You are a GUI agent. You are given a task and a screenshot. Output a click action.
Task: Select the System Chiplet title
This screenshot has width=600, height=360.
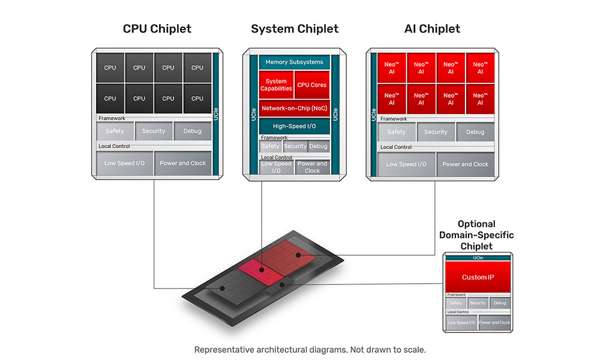[295, 29]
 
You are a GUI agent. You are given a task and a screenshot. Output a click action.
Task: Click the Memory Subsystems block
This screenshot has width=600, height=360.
[294, 62]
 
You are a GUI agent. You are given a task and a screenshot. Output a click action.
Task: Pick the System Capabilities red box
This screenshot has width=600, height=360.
[276, 85]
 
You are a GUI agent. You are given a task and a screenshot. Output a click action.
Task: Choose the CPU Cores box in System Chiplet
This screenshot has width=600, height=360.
[312, 85]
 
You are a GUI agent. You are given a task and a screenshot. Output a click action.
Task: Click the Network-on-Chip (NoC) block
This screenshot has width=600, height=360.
[294, 109]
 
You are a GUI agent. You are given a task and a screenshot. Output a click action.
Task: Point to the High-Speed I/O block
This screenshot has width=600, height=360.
[294, 126]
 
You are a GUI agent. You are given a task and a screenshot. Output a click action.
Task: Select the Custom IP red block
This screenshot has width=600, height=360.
[478, 277]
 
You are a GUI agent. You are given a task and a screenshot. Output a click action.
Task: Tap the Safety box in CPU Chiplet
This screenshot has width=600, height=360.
[115, 131]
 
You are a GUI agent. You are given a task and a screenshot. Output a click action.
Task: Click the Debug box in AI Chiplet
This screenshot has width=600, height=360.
[475, 132]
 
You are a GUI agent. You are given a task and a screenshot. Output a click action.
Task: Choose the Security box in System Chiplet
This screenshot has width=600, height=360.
[295, 146]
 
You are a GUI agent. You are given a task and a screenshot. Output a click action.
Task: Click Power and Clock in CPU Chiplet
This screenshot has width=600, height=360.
[183, 163]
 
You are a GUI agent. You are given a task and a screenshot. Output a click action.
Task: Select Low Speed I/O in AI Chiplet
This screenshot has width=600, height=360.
[406, 164]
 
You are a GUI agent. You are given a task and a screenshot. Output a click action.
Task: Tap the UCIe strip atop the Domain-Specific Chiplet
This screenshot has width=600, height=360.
[478, 257]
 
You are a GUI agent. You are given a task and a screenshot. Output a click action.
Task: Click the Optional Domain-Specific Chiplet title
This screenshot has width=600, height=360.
[476, 235]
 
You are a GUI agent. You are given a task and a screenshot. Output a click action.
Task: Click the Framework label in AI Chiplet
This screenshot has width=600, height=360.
[393, 119]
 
